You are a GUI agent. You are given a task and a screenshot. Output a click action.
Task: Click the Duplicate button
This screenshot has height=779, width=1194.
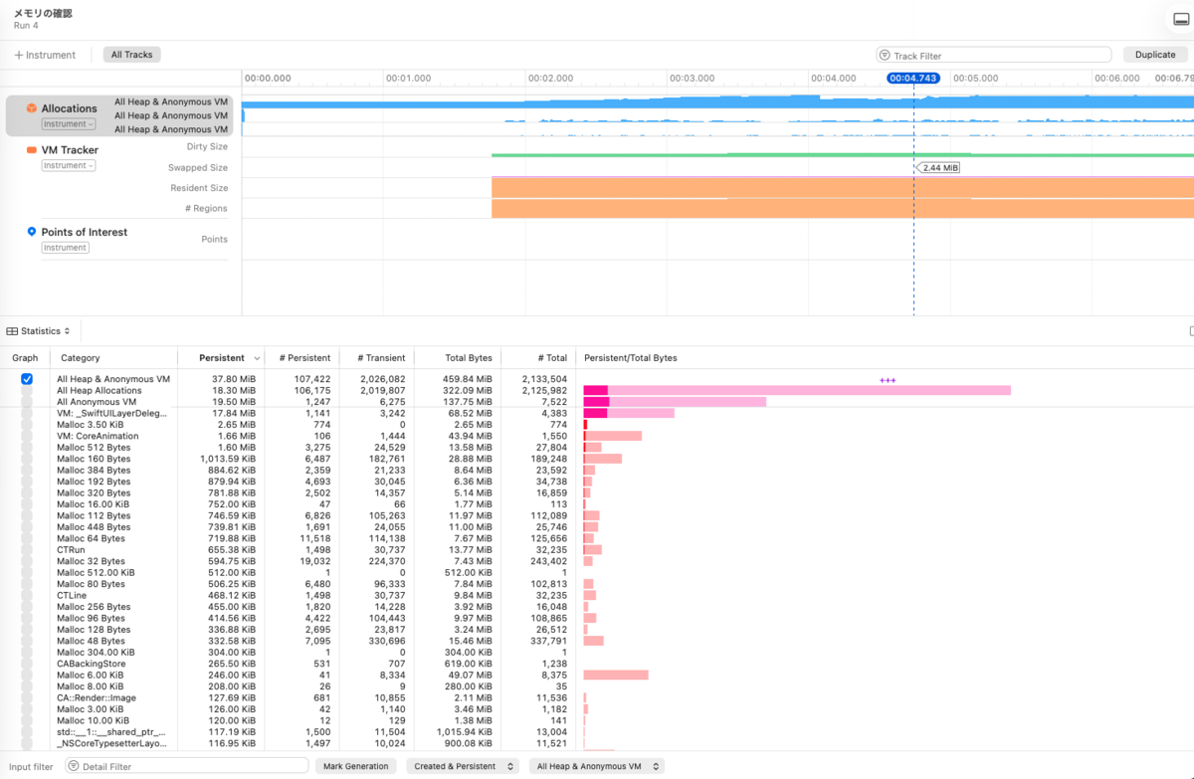point(1155,55)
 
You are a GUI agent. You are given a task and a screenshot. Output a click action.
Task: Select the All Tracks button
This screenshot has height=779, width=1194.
point(131,55)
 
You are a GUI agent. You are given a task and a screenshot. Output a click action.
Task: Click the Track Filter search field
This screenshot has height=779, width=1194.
point(994,56)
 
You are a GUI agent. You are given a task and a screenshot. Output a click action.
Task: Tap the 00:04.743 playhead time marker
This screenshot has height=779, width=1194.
point(913,79)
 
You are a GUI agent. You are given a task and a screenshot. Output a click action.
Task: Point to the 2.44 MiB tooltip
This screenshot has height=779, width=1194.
point(938,168)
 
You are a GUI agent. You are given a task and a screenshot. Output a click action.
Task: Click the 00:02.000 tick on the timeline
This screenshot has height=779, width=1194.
point(550,79)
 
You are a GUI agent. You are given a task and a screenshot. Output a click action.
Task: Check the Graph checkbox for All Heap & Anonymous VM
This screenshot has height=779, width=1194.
point(27,379)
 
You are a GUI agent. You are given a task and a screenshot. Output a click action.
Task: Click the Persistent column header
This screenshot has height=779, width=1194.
point(222,358)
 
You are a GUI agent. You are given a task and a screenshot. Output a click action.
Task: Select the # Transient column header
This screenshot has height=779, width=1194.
point(381,358)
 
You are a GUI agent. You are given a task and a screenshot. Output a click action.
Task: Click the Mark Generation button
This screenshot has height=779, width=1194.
point(355,766)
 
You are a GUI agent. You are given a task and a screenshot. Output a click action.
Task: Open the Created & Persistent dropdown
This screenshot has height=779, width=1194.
point(463,766)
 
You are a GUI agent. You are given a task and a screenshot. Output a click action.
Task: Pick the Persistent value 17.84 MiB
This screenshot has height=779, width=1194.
point(234,414)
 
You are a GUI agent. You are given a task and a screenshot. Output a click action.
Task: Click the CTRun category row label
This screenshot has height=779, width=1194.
point(71,550)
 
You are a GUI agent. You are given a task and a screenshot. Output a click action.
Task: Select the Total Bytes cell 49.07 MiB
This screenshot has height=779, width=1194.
point(468,676)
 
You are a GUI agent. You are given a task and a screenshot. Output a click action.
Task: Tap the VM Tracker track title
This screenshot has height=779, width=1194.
point(70,150)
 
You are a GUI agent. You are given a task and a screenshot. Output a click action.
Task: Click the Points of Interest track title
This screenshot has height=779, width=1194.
point(85,233)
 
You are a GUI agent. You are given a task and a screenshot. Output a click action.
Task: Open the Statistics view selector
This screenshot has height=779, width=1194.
point(39,331)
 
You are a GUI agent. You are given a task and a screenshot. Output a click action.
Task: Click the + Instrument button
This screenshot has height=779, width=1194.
point(45,55)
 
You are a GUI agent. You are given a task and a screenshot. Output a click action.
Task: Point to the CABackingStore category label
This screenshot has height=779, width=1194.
point(92,664)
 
